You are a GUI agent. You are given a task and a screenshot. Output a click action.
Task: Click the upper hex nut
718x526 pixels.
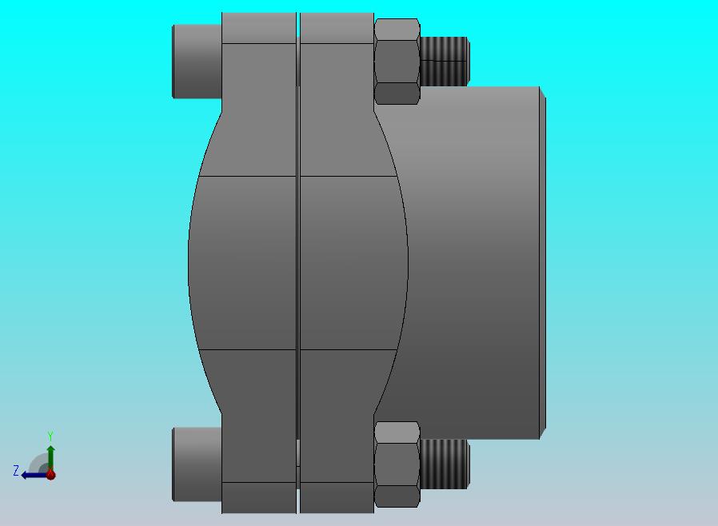click(397, 62)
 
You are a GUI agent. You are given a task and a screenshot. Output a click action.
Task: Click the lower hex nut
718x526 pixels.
click(397, 464)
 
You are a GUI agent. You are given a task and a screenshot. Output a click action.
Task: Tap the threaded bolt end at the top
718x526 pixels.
click(445, 62)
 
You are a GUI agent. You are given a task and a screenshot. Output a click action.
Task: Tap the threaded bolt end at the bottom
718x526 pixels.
click(445, 464)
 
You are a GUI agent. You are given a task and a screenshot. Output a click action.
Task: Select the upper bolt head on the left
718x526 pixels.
click(197, 62)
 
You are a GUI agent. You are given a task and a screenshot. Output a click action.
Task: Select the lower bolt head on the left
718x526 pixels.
click(197, 464)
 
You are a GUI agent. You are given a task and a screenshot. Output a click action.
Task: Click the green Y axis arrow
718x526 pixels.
click(51, 459)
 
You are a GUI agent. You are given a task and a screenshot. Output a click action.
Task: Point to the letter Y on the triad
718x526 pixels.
click(50, 436)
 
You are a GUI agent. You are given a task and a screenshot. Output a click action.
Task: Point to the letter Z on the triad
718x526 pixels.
click(16, 470)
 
